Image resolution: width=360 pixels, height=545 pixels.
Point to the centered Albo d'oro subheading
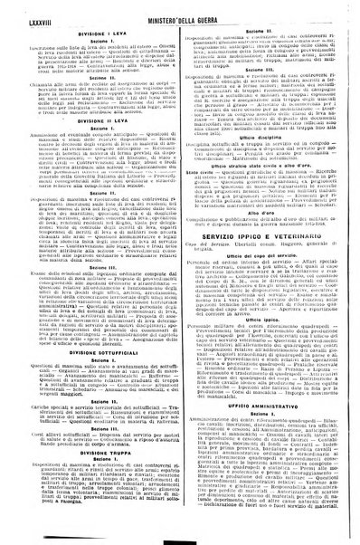(263, 229)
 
